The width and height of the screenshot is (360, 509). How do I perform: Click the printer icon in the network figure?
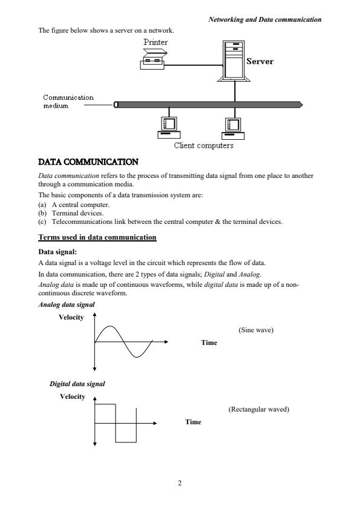click(152, 59)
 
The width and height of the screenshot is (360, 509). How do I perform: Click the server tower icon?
click(234, 61)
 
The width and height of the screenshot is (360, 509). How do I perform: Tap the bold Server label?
click(260, 61)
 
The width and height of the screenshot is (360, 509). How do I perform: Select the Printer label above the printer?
click(156, 42)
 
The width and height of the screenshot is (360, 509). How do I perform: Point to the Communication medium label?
click(68, 101)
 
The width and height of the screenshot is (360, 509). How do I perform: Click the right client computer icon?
click(233, 128)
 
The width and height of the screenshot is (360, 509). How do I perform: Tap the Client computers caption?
click(203, 145)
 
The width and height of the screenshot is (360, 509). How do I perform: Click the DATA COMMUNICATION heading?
click(88, 162)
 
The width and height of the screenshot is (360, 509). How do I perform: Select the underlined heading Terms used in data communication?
click(97, 237)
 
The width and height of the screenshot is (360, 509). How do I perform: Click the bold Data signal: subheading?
click(57, 252)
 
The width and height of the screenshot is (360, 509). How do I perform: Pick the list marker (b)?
click(42, 213)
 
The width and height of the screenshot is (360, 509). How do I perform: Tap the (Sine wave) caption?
click(256, 330)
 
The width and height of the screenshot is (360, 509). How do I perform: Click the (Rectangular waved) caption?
click(259, 409)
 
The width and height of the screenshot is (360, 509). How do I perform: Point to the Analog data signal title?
click(67, 304)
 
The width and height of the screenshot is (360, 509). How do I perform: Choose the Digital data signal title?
click(77, 384)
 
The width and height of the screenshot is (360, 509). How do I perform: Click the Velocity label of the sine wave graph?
click(71, 317)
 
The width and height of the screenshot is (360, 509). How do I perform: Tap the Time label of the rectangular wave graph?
click(193, 422)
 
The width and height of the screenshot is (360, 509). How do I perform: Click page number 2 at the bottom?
click(180, 483)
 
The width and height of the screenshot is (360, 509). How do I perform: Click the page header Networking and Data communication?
click(265, 19)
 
